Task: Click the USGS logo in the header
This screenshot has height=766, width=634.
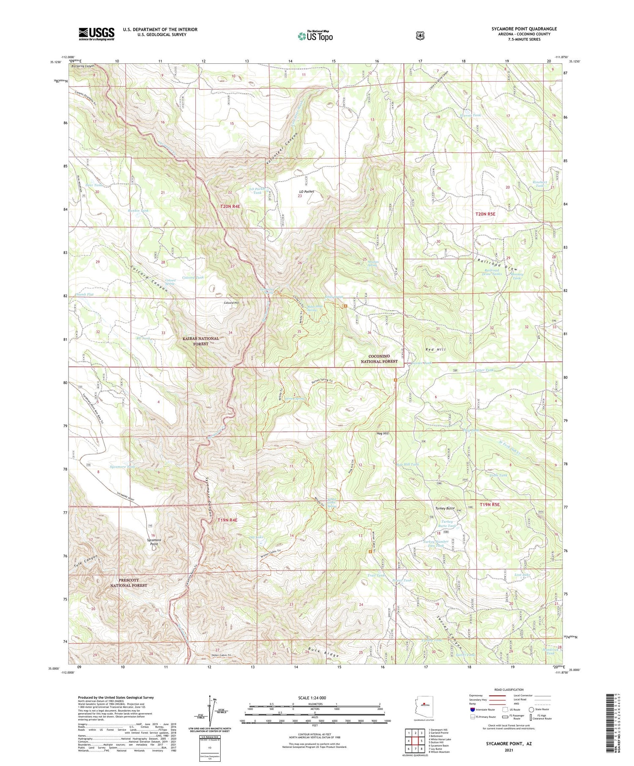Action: click(x=96, y=34)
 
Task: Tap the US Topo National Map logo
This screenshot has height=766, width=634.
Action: click(x=315, y=36)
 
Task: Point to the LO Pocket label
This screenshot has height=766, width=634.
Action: click(x=306, y=191)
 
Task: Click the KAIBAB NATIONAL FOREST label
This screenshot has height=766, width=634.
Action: click(x=201, y=341)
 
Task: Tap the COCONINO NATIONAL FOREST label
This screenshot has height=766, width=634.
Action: click(x=379, y=359)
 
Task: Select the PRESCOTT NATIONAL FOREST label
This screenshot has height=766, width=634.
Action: click(x=128, y=583)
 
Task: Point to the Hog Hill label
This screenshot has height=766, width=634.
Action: click(x=382, y=433)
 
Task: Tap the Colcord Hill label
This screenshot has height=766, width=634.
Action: click(x=232, y=303)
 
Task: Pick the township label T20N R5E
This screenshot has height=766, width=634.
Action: click(x=485, y=214)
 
